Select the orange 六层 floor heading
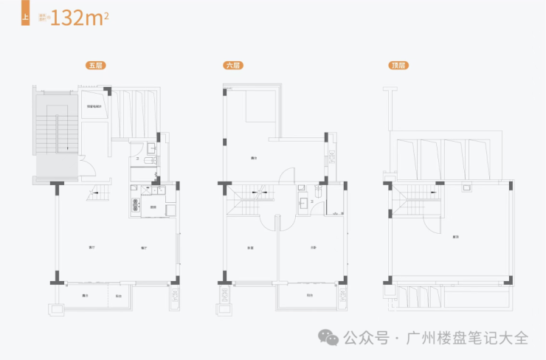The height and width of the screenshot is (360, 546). (x=233, y=66)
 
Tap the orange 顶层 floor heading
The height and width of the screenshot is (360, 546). (x=399, y=66)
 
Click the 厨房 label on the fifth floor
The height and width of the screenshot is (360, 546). (x=153, y=207)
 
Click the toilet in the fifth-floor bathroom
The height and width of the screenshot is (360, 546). (x=151, y=159)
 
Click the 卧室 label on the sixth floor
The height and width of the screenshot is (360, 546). (x=251, y=247)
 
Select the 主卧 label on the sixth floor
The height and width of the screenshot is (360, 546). (x=314, y=247)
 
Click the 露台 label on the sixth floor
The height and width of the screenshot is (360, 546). (x=254, y=157)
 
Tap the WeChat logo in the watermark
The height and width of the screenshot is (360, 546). (x=329, y=338)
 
